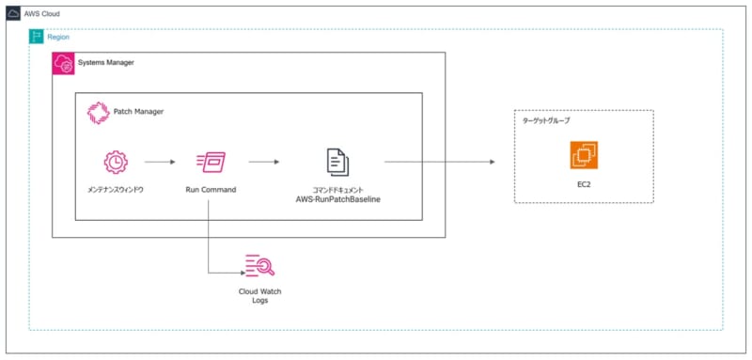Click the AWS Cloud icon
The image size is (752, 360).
pos(14,14)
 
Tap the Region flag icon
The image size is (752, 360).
pos(38,37)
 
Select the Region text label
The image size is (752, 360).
pos(58,37)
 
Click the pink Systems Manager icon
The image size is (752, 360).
pos(63,63)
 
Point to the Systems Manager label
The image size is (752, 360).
pos(105,63)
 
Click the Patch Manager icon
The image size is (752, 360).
pos(98,112)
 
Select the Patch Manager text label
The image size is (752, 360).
pos(138,112)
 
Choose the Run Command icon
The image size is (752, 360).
pos(210,162)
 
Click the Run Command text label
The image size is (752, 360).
pos(211,190)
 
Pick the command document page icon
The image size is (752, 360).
pos(336,162)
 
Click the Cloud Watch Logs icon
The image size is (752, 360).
pos(258,268)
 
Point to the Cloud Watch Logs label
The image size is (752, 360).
pos(258,297)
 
